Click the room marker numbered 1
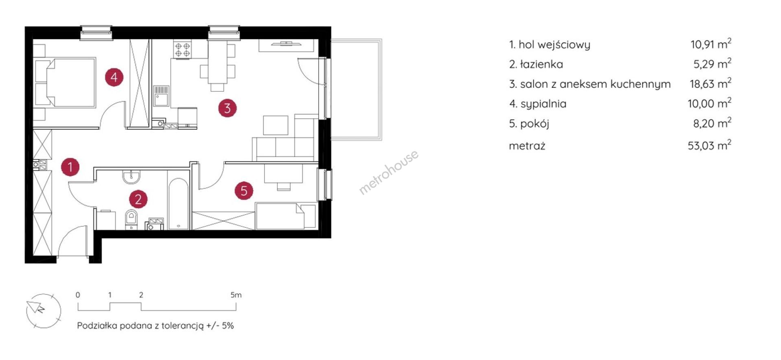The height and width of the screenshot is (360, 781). coord(70,167)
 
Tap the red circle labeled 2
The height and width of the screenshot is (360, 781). coord(138,199)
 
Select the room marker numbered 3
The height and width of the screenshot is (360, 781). coord(227,108)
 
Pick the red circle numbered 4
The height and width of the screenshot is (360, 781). coord(114,77)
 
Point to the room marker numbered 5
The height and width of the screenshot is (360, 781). coord(244,190)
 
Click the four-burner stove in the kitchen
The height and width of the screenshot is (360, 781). coord(182,49)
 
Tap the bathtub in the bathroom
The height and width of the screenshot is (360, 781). coord(178,204)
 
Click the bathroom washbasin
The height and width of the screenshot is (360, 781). coord(131,176)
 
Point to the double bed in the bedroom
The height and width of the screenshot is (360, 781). coord(65,83)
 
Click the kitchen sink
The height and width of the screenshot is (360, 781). coord(161,96)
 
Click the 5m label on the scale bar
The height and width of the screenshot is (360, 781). coord(236,295)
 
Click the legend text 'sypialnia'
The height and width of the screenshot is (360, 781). coord(543,104)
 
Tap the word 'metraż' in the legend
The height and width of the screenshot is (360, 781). coord(527,146)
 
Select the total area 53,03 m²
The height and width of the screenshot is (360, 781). coord(709,145)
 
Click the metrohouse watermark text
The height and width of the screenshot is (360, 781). coord(388,172)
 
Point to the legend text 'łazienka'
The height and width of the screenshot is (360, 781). coord(541,64)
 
